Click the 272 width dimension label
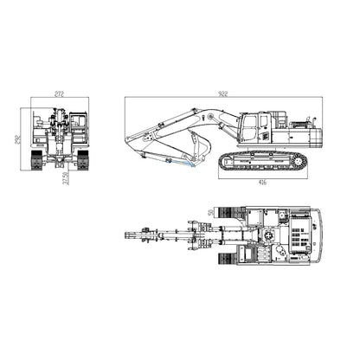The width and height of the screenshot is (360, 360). tap(58, 92)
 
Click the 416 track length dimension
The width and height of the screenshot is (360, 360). tap(261, 183)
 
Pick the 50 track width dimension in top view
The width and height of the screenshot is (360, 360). tap(211, 210)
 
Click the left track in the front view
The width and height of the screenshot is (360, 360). tap(37, 160)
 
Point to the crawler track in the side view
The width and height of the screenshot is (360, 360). tap(261, 160)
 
